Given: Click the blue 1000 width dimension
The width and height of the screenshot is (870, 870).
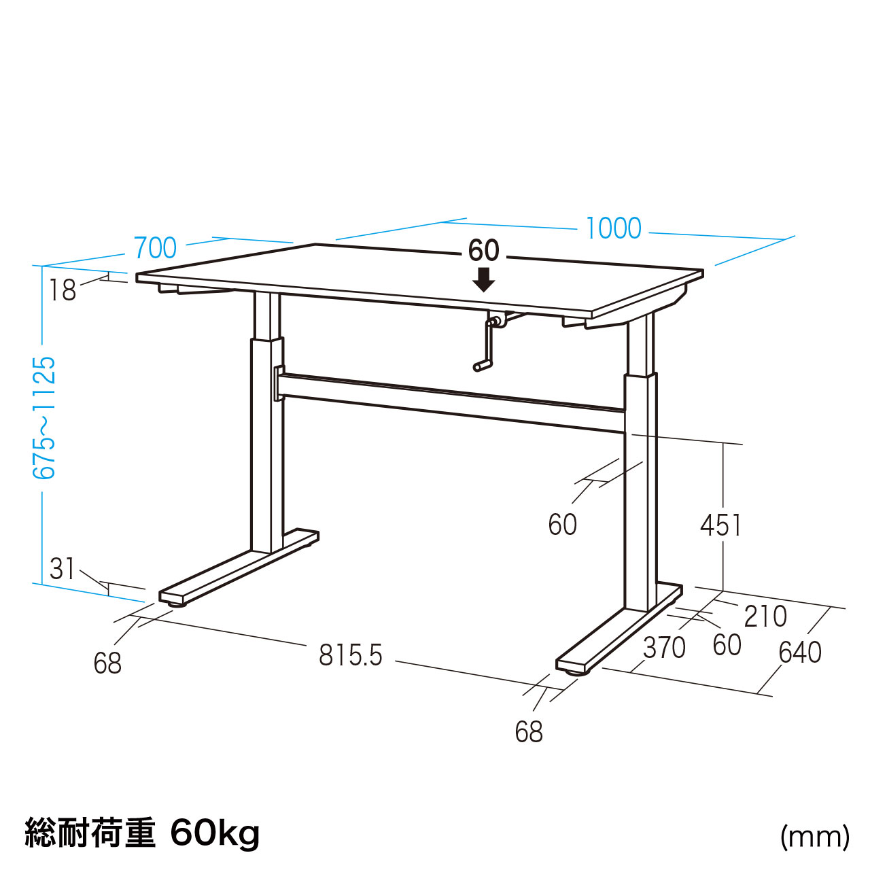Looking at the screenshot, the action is (612, 228).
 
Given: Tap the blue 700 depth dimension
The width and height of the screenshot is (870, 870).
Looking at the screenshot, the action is (155, 248).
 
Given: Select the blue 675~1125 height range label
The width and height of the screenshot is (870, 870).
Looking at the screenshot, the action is (44, 417).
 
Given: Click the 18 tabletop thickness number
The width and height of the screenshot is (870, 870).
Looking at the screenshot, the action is (63, 290).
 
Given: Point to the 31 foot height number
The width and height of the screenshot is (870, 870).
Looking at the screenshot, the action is (62, 569).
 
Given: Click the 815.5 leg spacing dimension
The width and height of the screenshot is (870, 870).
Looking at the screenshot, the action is (351, 655).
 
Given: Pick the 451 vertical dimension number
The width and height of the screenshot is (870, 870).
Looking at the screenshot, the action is (720, 525).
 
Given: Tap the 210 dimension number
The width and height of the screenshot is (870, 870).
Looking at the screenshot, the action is (765, 616).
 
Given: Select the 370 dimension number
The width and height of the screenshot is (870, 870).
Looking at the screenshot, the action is (664, 648).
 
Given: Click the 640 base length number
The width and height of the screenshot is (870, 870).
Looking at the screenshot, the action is (799, 652).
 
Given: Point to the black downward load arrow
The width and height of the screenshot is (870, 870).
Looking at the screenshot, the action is (483, 280).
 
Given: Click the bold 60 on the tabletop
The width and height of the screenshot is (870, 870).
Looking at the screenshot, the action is (483, 250).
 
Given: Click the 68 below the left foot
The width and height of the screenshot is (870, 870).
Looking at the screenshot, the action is (107, 663).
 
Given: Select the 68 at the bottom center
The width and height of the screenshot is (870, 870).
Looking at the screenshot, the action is (529, 732).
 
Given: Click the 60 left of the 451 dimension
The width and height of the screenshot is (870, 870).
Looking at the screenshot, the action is (563, 525).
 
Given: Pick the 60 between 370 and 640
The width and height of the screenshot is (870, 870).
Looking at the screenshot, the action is (727, 645).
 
